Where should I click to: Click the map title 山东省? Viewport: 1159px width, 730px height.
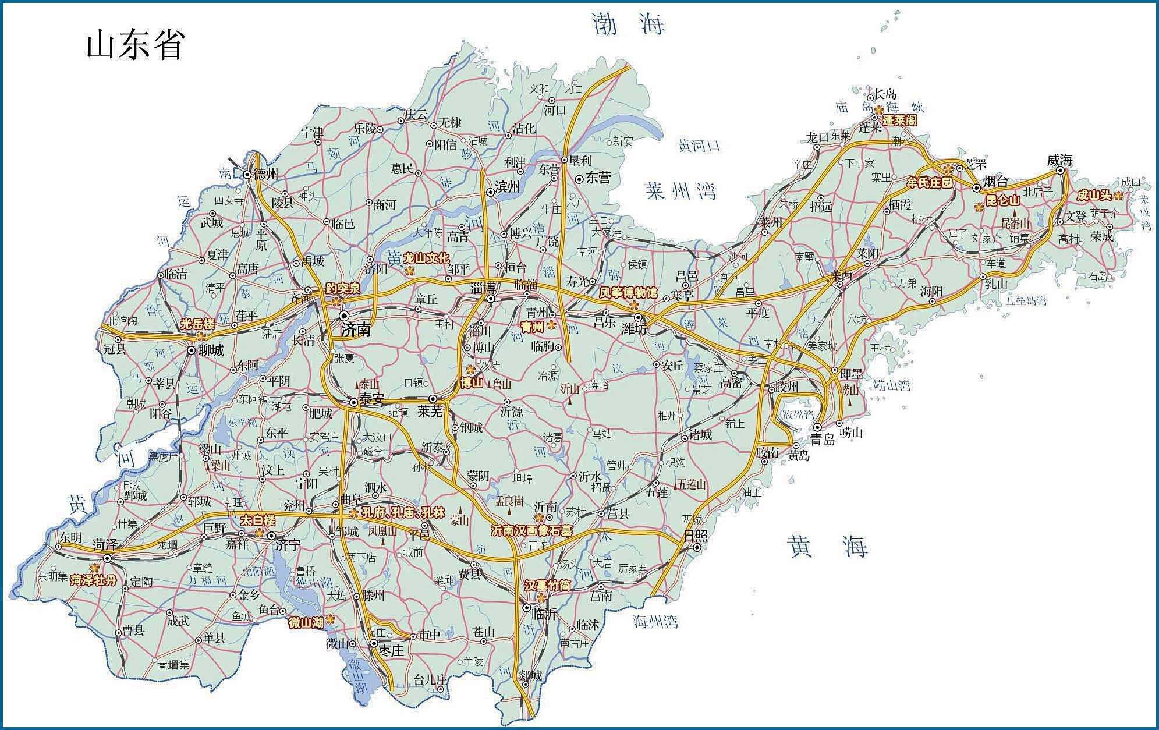pos(136,46)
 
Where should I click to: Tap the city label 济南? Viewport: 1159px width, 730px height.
pos(356,330)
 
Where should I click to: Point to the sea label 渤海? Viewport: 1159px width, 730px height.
pos(628,24)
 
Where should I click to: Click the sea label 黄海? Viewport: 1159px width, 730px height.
pos(827,547)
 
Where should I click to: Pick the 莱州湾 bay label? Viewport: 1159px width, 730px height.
pos(680,190)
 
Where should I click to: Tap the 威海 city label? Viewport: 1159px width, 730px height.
pos(1059,160)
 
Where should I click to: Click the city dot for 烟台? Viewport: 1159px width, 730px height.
pos(976,187)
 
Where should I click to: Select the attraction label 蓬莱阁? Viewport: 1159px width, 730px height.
pos(899,121)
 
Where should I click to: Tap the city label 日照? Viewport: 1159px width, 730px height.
pos(695,536)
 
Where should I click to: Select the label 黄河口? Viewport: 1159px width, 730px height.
pos(699,146)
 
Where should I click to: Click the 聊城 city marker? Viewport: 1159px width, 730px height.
pos(191,350)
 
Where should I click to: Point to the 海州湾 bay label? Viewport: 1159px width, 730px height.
pos(655,622)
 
